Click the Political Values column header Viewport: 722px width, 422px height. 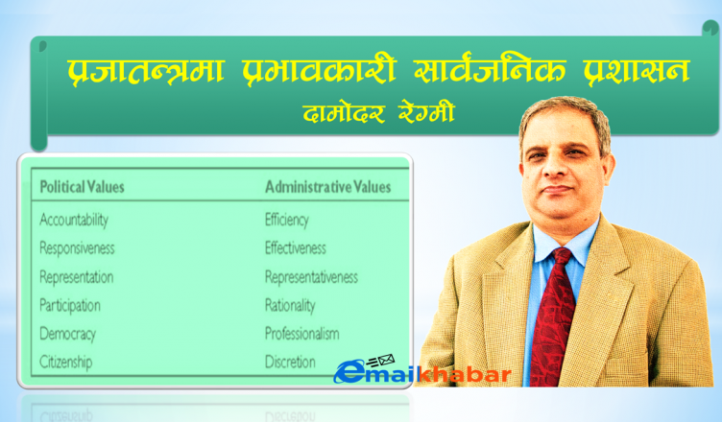(82, 187)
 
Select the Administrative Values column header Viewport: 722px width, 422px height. (327, 187)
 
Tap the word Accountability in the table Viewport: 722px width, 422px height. (74, 220)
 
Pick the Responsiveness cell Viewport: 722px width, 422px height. (77, 248)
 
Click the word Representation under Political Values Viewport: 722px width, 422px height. (77, 277)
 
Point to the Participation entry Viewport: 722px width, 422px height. (69, 306)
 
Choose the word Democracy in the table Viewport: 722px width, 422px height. (67, 334)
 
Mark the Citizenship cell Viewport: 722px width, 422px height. (66, 363)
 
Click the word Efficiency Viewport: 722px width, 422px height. (286, 220)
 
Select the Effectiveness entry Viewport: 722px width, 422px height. (295, 248)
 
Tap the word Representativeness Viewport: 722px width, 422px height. (311, 277)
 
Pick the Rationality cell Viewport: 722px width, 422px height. (290, 306)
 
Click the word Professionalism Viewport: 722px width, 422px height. (301, 334)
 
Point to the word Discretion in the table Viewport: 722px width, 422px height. (290, 363)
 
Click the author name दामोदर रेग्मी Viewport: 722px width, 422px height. (379, 113)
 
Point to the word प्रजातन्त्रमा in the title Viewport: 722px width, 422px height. (146, 70)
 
